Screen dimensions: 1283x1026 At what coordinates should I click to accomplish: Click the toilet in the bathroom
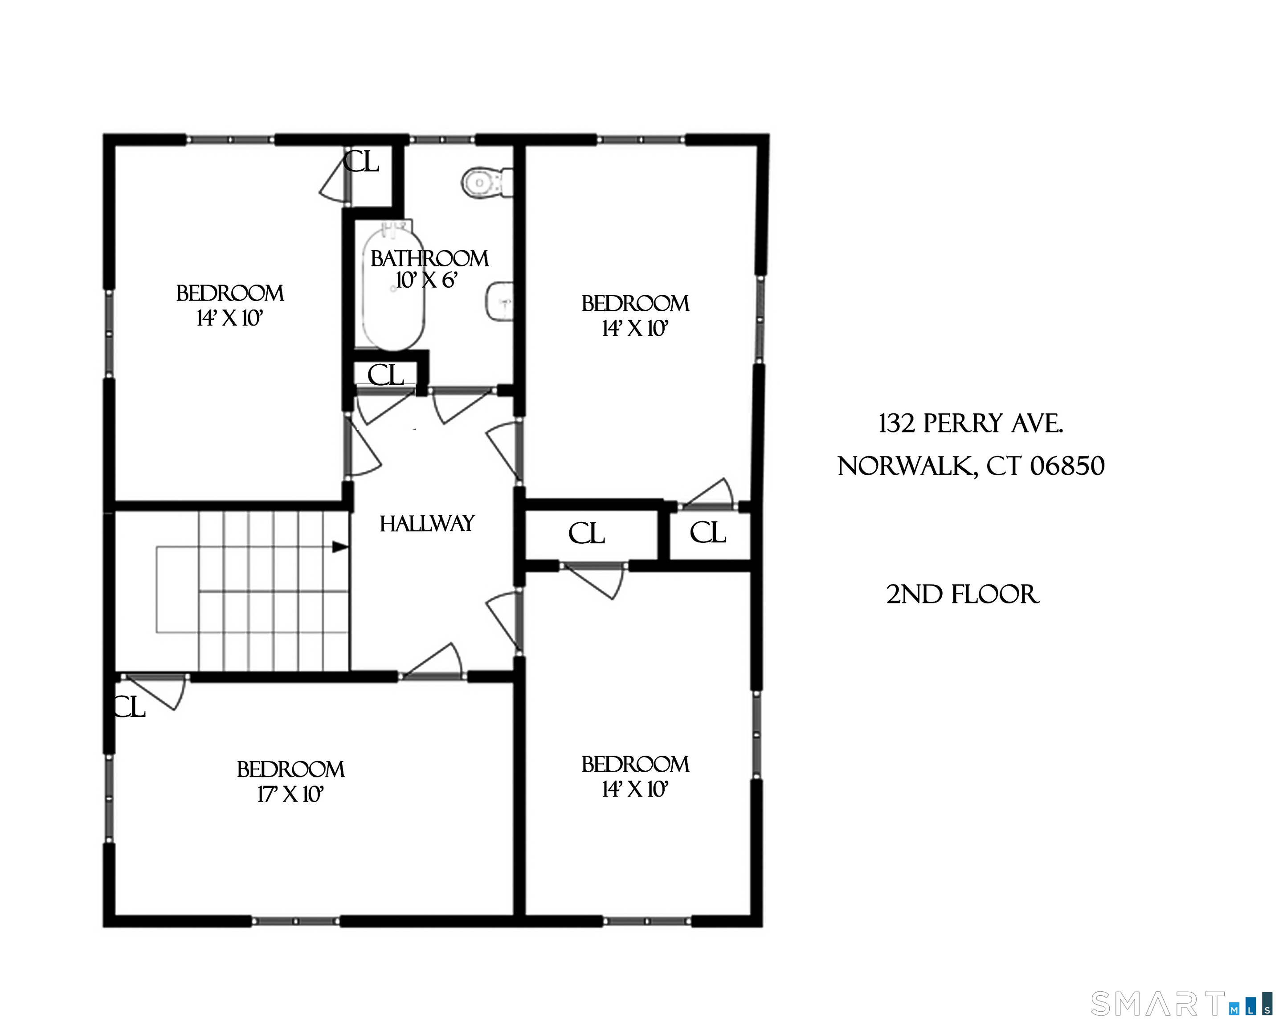click(487, 182)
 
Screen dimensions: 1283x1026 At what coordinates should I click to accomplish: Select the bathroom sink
click(500, 301)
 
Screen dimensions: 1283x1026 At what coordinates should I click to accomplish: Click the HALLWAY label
click(427, 523)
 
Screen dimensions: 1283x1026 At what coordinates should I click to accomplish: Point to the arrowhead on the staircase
click(340, 546)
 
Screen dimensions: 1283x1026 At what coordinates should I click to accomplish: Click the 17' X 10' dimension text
click(290, 794)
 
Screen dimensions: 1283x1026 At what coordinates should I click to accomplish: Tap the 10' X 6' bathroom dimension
click(426, 280)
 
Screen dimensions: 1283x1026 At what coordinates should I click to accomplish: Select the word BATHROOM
click(429, 259)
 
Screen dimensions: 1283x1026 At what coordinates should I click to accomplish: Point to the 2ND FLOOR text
click(962, 594)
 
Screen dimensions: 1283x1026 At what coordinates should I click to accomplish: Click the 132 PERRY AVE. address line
click(971, 423)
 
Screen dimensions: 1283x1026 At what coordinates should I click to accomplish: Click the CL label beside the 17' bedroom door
click(129, 707)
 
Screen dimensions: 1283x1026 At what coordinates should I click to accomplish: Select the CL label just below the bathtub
click(386, 375)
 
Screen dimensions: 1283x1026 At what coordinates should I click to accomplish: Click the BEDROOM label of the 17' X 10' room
click(290, 769)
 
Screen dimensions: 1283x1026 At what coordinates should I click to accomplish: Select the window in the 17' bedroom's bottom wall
click(295, 921)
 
